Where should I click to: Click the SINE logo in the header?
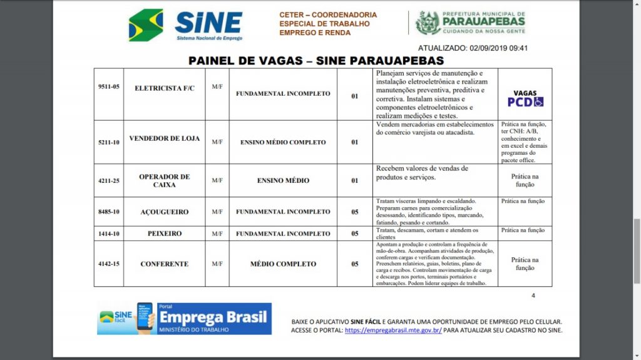tap(208, 25)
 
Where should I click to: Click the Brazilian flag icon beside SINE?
tap(146, 25)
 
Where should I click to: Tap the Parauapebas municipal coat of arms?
tap(428, 23)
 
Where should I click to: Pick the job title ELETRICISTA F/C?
tap(165, 88)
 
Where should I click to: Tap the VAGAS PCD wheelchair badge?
tap(525, 98)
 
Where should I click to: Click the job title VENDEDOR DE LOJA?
tap(165, 138)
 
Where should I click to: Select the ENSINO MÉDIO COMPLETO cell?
tap(283, 142)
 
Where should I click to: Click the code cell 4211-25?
tap(109, 180)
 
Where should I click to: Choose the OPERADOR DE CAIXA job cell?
tap(165, 180)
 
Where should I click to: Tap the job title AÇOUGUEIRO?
tap(165, 212)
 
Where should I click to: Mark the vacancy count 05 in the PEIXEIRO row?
tap(354, 234)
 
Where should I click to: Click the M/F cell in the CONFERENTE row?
tap(217, 264)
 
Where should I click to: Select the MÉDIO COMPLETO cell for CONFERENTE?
tap(283, 264)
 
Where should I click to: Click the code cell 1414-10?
tap(109, 234)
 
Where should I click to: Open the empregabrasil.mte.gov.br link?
tap(393, 330)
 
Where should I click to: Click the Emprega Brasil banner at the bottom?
tap(185, 319)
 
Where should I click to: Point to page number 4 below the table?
tap(533, 296)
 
